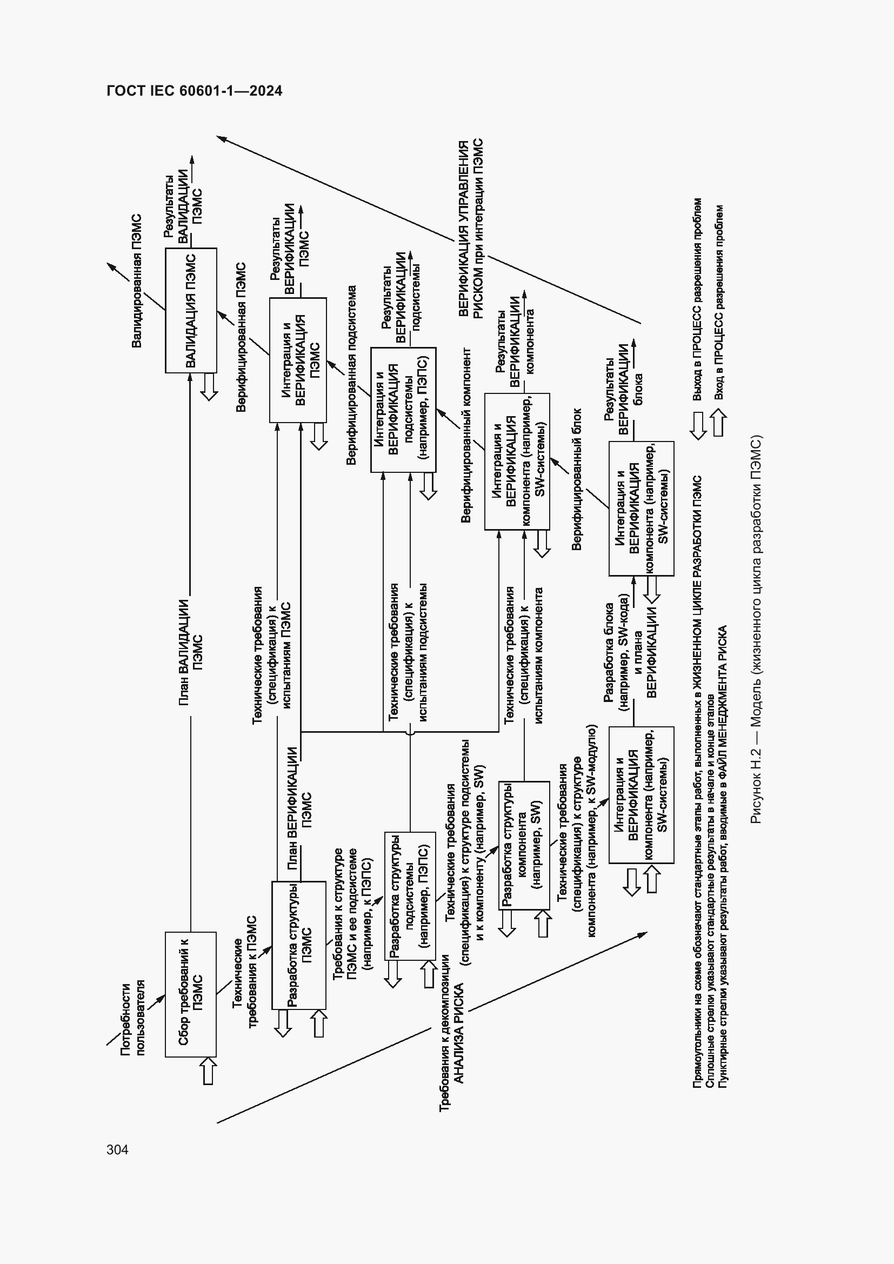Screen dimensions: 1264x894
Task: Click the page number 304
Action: coord(117,1150)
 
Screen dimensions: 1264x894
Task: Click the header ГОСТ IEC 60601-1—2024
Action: coord(195,91)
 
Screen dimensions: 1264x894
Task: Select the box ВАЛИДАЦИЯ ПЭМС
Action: coord(190,311)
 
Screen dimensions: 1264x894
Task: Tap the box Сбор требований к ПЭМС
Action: coord(190,994)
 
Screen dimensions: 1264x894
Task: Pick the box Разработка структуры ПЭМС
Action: coord(299,945)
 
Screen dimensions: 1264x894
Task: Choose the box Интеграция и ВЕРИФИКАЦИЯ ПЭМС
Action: coord(298,360)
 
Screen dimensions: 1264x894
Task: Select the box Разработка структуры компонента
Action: coord(524,845)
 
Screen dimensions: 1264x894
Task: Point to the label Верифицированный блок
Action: coord(576,479)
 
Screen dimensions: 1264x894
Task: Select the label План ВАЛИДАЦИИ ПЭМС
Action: coord(190,652)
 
